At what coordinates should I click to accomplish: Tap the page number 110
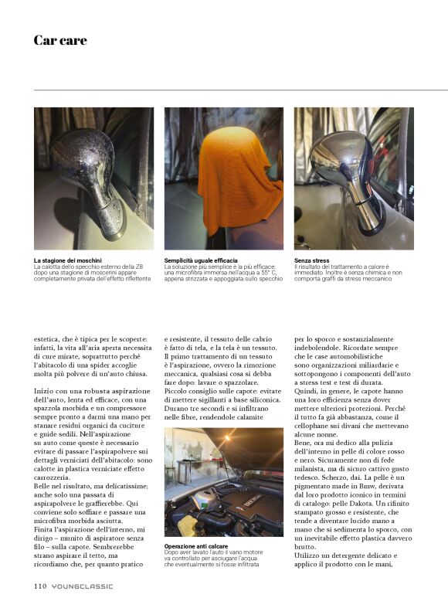tap(41, 586)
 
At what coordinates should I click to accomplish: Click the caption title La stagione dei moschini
tap(67, 261)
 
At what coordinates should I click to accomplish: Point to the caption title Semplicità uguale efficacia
tap(201, 261)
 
